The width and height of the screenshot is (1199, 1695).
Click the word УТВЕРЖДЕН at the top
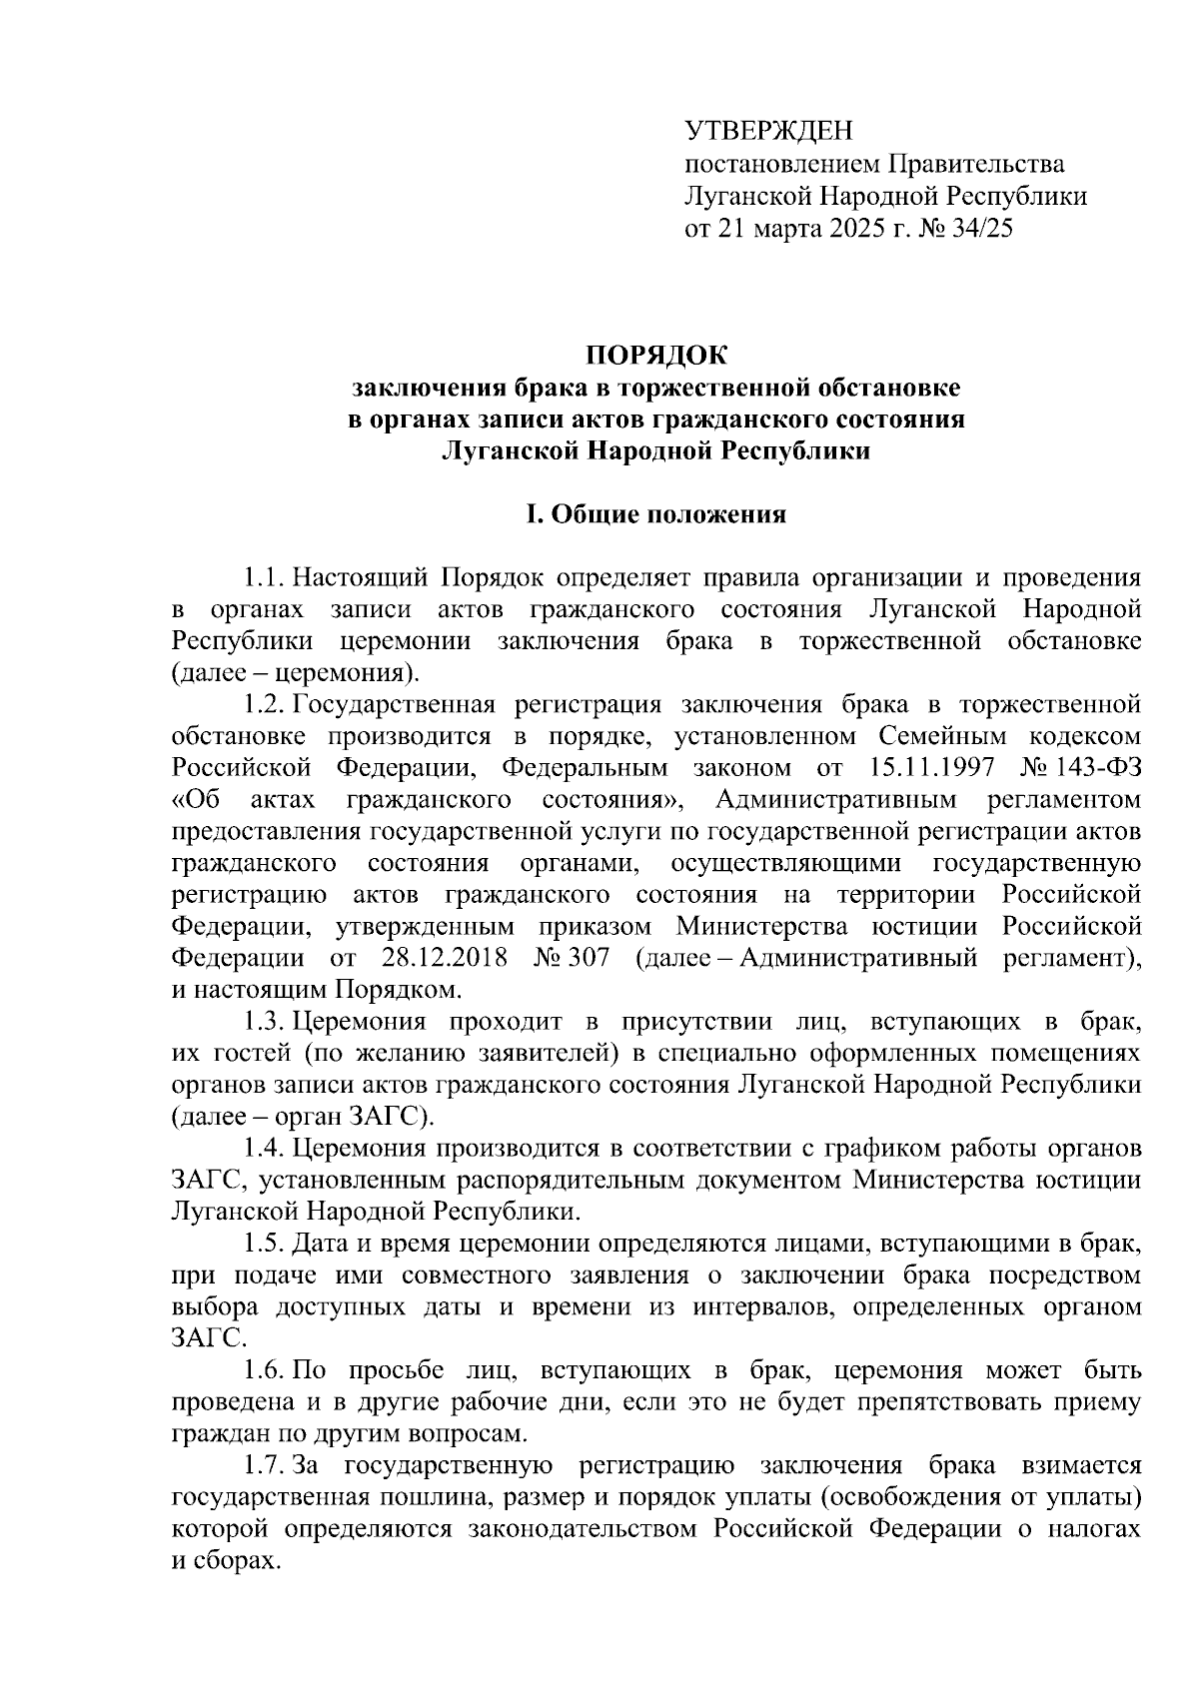tap(769, 131)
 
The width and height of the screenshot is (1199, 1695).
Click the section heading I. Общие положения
tap(656, 515)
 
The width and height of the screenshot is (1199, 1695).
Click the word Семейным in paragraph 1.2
tap(934, 737)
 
